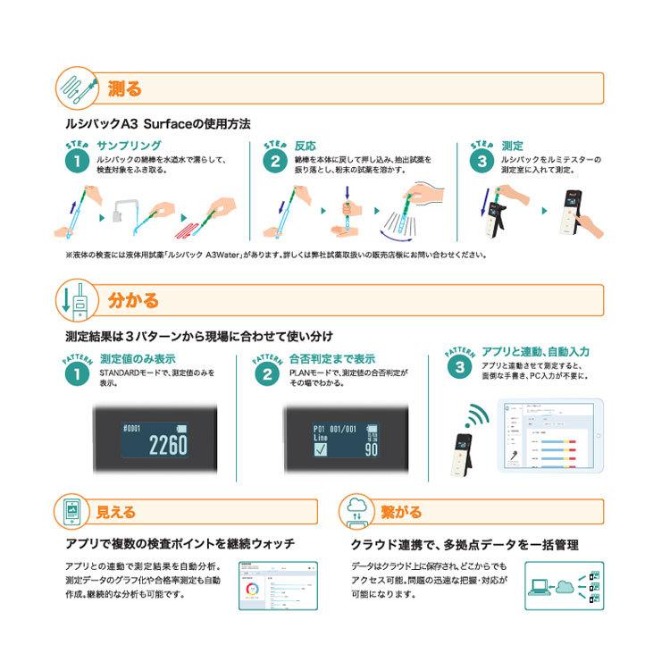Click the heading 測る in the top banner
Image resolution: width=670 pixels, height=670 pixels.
124,88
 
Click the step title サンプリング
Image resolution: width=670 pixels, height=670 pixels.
129,145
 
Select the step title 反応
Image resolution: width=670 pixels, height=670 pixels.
306,145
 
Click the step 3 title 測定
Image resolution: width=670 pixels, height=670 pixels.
513,145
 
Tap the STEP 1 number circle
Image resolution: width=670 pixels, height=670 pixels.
77,162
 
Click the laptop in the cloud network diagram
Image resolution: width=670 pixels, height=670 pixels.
540,587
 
